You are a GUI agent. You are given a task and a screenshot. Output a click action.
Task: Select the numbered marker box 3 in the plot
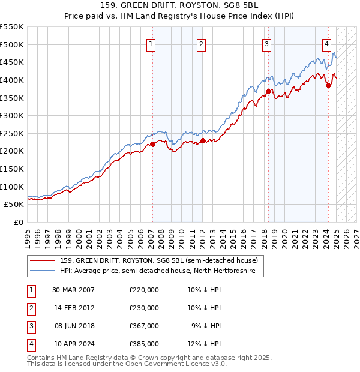[266, 43]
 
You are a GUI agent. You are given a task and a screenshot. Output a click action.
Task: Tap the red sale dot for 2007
[152, 144]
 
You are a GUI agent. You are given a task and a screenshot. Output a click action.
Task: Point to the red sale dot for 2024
[328, 85]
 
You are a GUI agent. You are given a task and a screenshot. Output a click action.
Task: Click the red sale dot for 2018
[268, 92]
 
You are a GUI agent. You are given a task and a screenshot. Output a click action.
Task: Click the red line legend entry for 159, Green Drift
[158, 260]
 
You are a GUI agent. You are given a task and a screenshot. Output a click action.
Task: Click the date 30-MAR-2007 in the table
[74, 290]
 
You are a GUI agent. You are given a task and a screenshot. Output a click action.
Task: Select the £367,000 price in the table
[144, 326]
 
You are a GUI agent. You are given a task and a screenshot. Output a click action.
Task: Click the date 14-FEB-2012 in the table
[74, 308]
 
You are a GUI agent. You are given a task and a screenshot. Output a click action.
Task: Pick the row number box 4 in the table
[31, 344]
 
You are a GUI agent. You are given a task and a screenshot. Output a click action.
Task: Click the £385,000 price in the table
[144, 344]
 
